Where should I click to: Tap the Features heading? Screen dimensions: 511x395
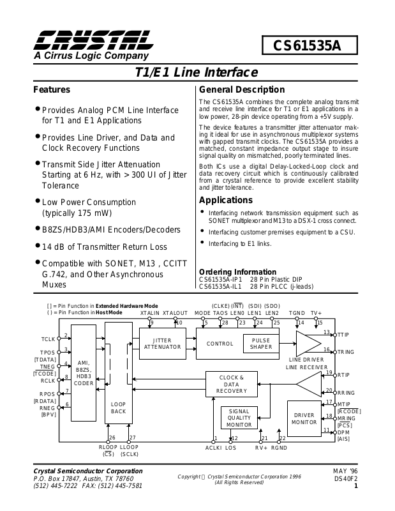point(52,89)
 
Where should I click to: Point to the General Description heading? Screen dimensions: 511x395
point(242,89)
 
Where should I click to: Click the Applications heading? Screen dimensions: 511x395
point(227,200)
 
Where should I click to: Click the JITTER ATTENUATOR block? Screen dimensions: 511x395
point(163,343)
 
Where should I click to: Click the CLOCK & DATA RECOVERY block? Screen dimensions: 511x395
point(231,383)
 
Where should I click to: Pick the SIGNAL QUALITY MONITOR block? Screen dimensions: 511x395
point(239,418)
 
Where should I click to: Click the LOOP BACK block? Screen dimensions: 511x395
point(118,408)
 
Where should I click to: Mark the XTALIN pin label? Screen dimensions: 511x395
point(149,314)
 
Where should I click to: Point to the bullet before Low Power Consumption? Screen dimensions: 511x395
point(37,201)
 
